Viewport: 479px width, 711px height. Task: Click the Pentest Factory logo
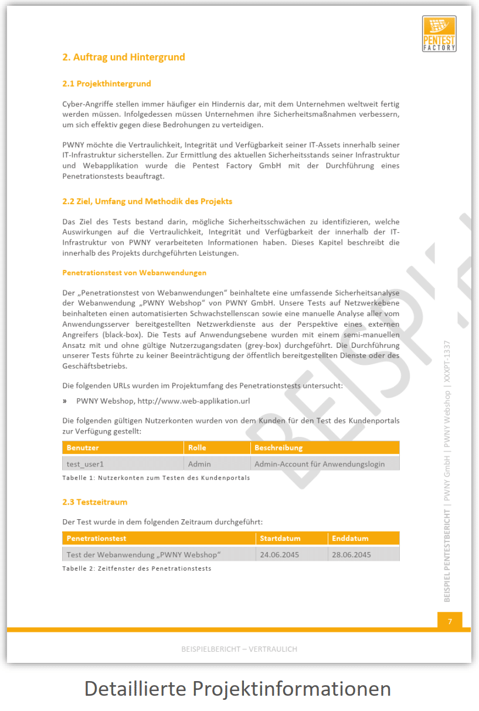coord(439,33)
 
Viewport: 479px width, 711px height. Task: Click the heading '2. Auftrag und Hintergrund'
coord(124,57)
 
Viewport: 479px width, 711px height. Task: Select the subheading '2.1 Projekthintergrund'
coord(106,84)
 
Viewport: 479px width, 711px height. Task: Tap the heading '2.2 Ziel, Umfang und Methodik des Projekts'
coord(147,201)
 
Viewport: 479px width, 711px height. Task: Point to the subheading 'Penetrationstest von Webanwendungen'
coord(134,273)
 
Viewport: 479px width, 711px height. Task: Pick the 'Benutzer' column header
coord(83,448)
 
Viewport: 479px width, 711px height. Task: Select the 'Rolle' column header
coord(197,448)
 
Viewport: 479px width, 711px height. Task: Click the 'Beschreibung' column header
coord(278,448)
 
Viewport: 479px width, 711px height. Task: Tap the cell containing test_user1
coord(85,463)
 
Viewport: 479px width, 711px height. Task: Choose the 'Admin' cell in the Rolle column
coord(199,463)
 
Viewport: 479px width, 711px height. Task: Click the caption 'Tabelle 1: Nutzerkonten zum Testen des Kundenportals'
coord(156,478)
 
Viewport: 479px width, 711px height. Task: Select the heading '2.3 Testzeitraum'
coord(94,502)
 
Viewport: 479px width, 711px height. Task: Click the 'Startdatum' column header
coord(280,538)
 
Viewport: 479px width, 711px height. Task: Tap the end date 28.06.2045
coord(351,554)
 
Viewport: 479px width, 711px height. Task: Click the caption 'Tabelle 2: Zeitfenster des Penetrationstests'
coord(137,568)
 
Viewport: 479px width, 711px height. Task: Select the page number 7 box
coord(450,621)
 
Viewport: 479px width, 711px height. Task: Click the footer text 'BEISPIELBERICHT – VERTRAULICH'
coord(239,649)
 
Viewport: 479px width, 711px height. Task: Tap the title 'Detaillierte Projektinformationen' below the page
coord(237,688)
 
